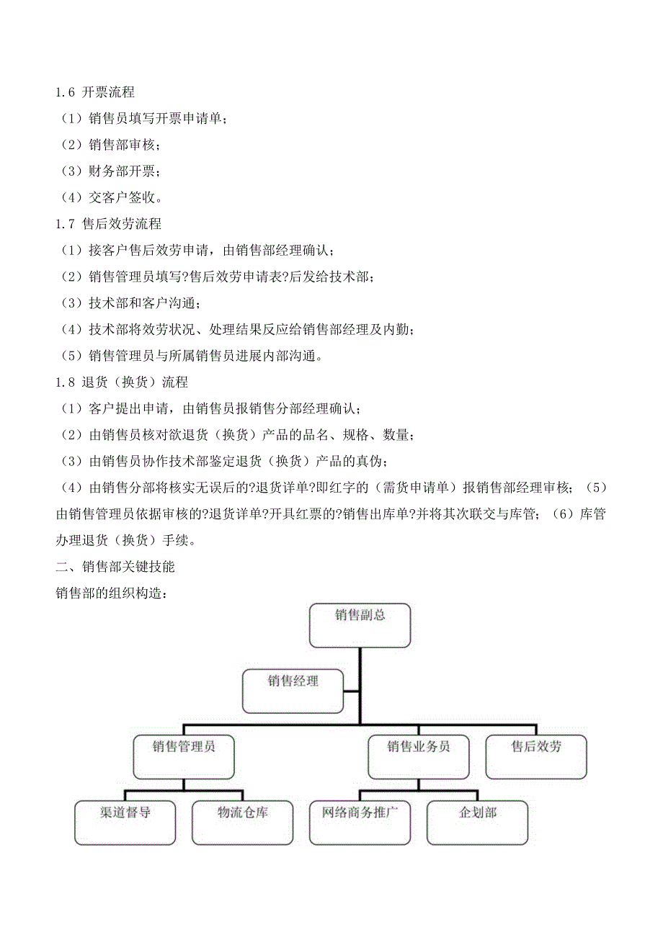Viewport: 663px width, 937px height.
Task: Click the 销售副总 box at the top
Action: (360, 624)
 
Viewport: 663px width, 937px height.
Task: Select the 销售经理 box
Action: (293, 690)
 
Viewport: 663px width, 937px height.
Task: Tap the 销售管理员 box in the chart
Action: (184, 756)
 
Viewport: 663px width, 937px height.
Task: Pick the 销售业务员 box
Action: (419, 756)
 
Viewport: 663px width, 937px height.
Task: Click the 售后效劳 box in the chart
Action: (536, 756)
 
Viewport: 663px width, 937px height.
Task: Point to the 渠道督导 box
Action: (125, 822)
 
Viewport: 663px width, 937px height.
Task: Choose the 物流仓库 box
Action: (243, 822)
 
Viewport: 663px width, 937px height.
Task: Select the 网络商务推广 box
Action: (360, 822)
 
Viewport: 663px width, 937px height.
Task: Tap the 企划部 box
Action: (477, 822)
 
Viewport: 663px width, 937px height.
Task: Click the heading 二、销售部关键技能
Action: (115, 567)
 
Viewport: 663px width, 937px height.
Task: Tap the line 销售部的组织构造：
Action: (112, 593)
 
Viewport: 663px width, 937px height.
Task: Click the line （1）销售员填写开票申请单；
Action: (143, 119)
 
